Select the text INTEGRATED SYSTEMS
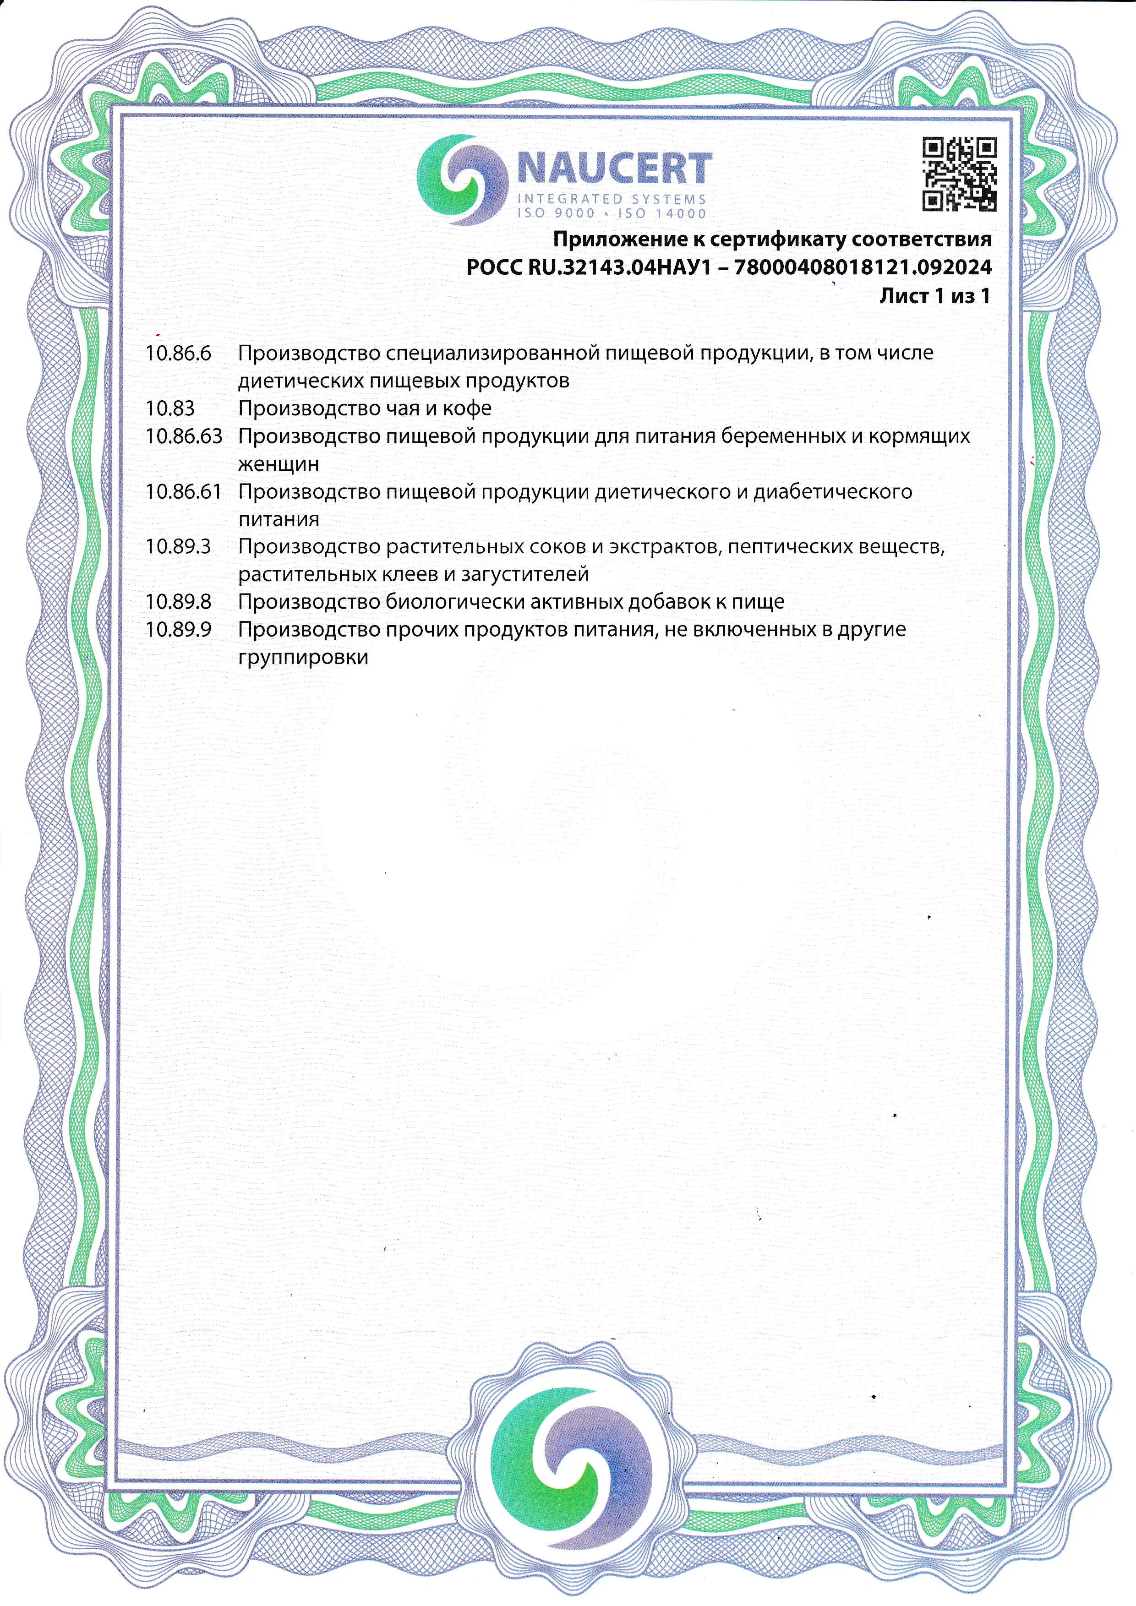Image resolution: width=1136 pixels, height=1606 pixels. click(611, 199)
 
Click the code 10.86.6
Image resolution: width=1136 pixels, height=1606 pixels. click(178, 353)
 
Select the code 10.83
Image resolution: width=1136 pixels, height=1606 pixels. click(170, 408)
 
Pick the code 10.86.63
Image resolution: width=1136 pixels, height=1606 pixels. click(183, 436)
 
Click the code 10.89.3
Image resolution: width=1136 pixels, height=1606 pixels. click(178, 546)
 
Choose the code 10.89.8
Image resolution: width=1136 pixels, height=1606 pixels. click(178, 602)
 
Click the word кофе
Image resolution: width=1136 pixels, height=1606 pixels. click(467, 408)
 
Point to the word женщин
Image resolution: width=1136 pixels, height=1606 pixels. click(279, 464)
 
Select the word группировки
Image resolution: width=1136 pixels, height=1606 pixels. click(303, 658)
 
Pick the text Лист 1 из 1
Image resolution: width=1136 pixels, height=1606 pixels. click(934, 296)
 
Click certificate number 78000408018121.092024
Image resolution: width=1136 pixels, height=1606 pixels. click(863, 267)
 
